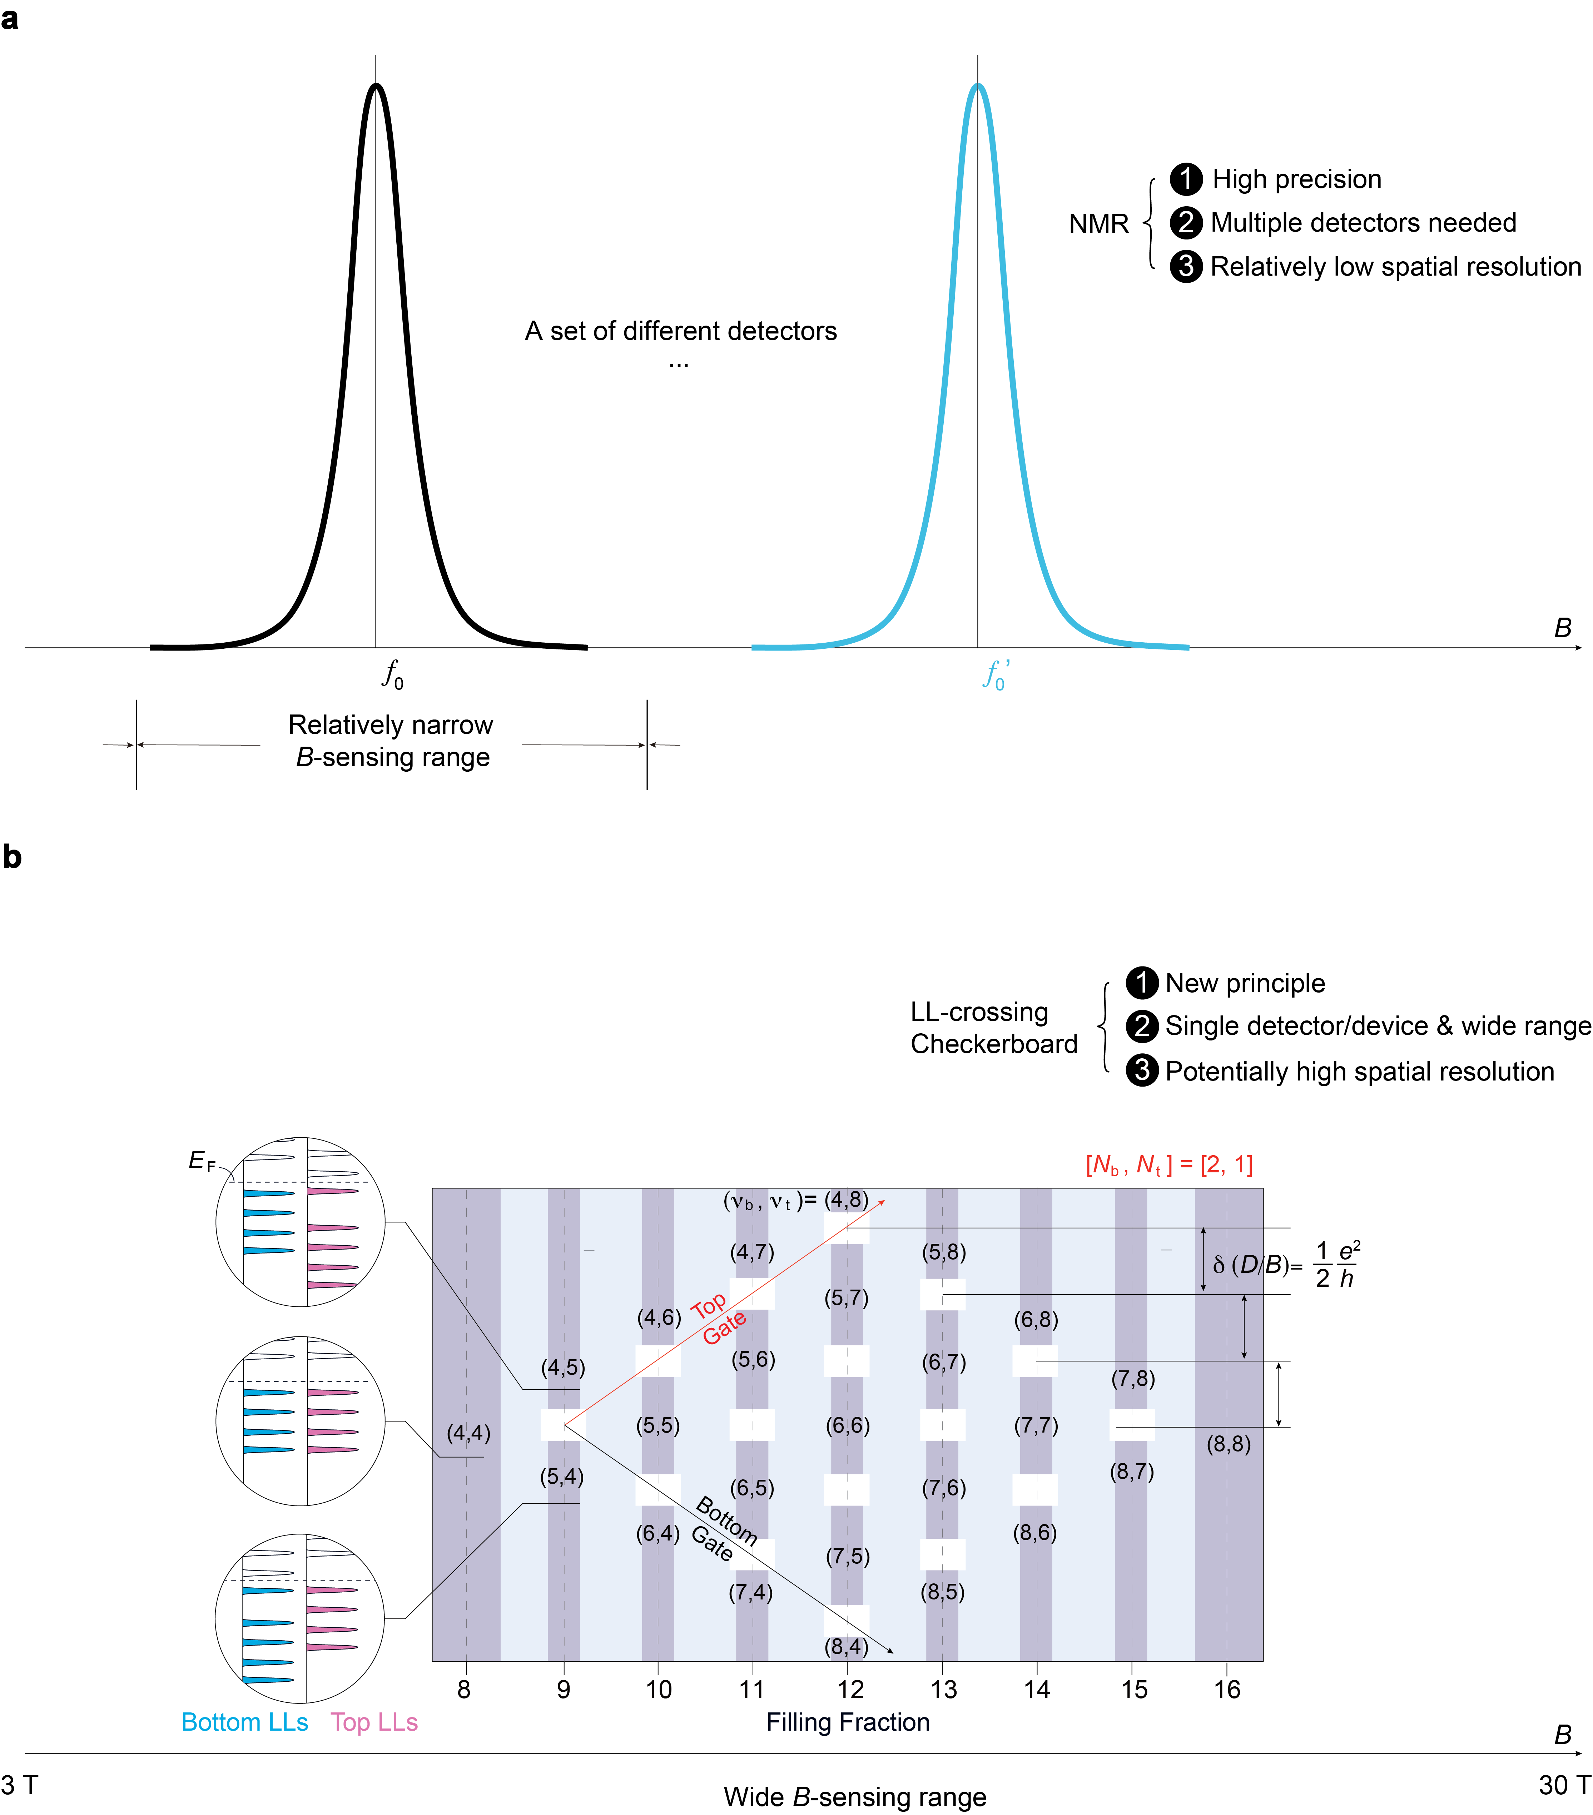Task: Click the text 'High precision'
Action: point(1296,179)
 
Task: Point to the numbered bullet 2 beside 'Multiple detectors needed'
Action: point(1185,223)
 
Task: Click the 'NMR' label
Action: point(1098,224)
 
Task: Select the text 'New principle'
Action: point(1245,983)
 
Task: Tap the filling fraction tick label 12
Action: point(850,1689)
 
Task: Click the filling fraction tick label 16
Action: point(1227,1689)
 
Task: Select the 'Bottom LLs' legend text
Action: point(244,1722)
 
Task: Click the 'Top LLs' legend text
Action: point(374,1722)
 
